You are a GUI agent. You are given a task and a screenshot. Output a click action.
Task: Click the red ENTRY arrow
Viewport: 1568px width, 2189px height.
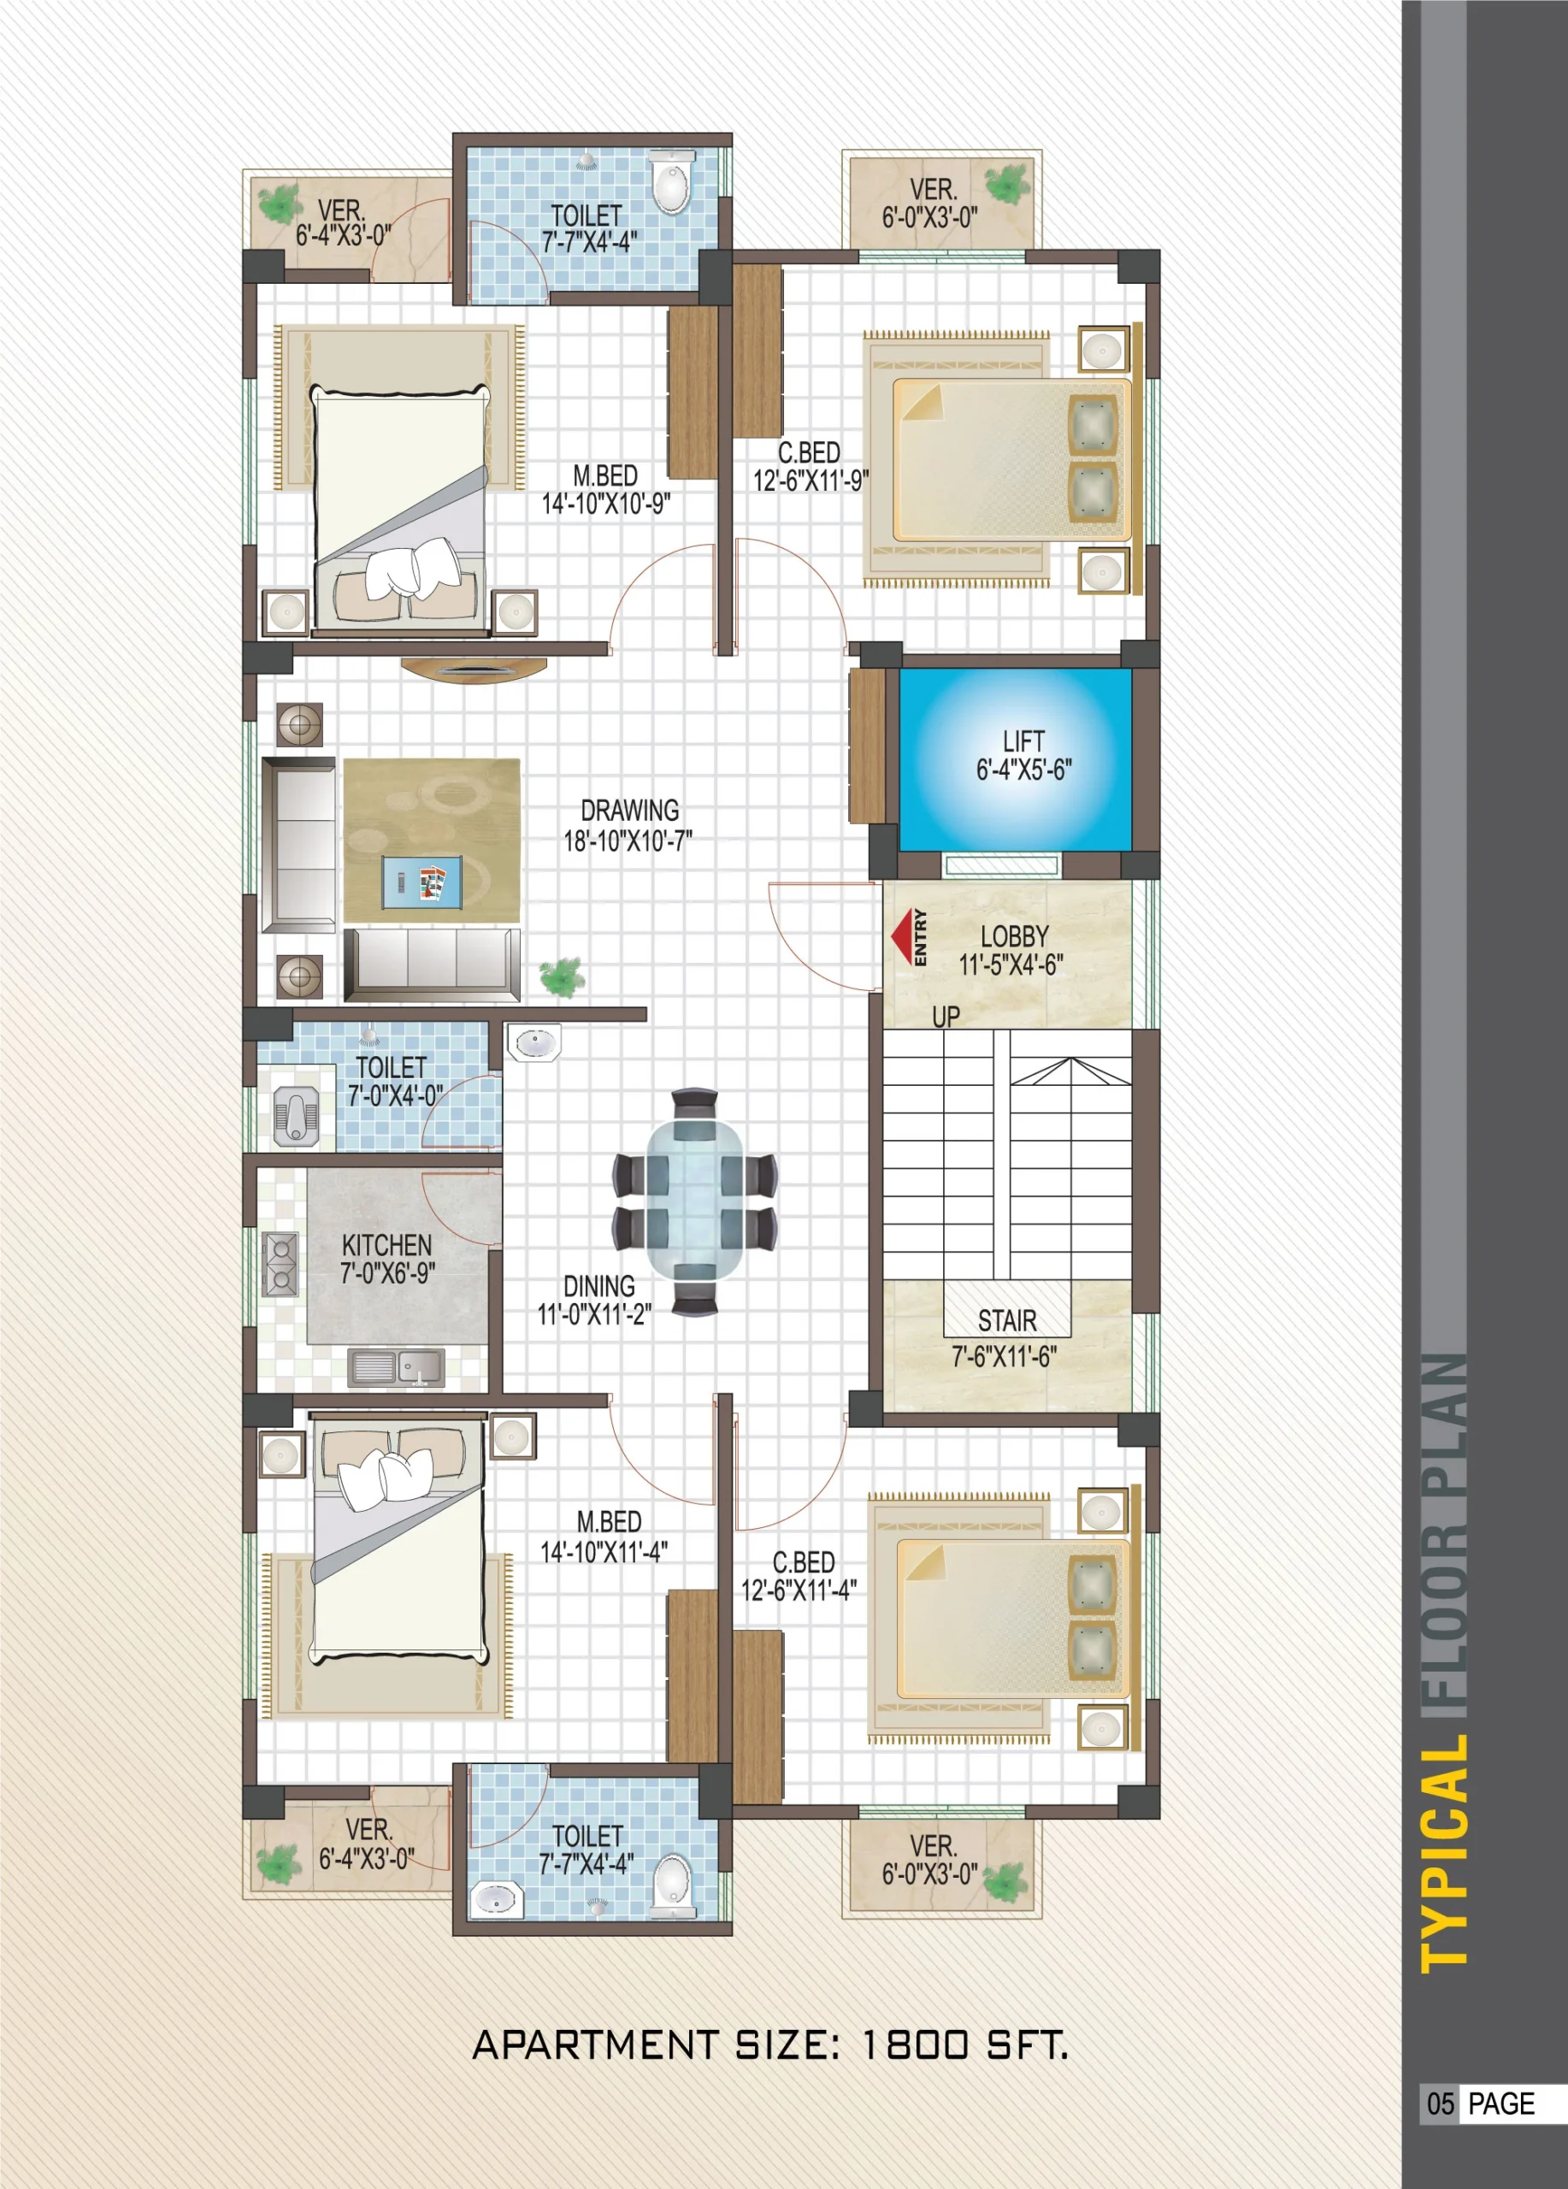902,936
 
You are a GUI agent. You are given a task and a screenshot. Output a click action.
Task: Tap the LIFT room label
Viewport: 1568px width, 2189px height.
1023,741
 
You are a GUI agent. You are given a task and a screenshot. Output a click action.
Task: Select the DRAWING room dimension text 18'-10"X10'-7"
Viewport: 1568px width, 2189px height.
628,841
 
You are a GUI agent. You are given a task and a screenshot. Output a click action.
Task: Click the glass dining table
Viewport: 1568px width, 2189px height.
695,1201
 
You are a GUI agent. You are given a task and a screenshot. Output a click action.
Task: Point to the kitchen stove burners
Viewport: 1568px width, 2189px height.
280,1264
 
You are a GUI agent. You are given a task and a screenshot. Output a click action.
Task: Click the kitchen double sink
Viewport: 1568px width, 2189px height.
397,1366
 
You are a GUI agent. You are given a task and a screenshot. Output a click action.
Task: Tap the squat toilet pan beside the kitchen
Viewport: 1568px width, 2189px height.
296,1116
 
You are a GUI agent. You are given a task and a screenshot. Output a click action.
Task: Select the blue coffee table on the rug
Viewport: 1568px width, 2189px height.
421,882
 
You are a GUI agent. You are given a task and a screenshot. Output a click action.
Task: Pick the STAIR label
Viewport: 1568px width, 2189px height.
1007,1320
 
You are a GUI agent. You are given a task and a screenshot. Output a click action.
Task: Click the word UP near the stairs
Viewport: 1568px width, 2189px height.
946,1017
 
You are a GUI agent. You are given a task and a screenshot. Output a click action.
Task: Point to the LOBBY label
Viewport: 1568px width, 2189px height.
1014,936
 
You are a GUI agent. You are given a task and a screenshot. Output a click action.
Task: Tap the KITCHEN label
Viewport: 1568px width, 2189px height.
387,1245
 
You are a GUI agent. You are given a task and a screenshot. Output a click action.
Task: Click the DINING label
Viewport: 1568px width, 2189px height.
599,1287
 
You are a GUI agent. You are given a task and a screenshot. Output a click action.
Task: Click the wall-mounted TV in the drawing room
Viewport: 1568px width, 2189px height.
474,669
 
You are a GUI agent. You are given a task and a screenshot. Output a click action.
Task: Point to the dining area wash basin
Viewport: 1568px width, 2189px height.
533,1042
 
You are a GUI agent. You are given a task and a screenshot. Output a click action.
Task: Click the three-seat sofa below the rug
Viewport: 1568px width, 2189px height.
431,965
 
